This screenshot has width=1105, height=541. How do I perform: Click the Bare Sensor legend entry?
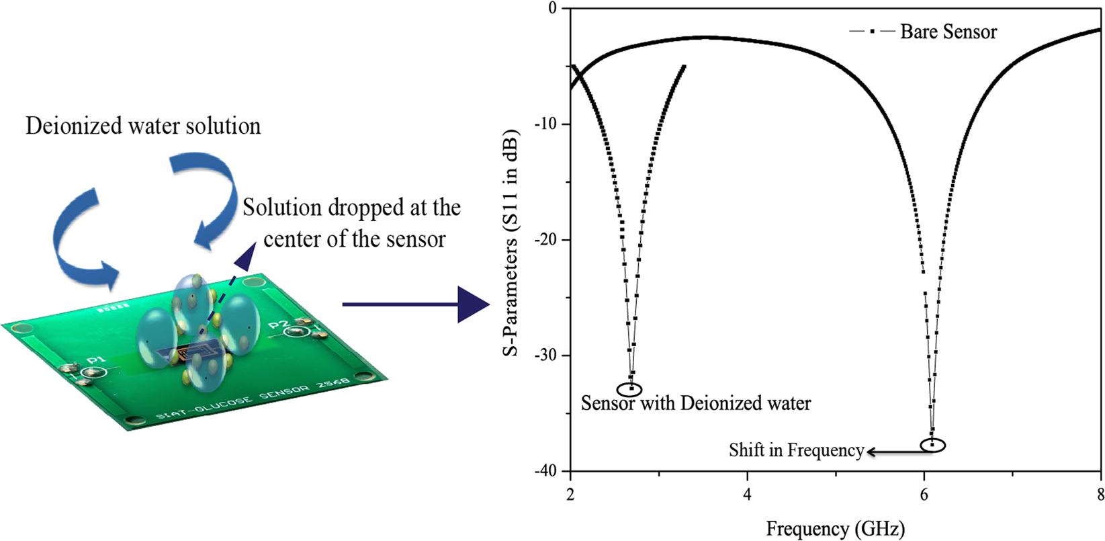[948, 32]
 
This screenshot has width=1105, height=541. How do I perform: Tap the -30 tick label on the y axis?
[545, 355]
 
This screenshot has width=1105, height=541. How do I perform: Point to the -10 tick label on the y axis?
[545, 124]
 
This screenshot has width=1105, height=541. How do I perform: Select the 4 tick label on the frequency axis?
[747, 495]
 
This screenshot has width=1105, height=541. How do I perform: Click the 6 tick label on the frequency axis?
[924, 495]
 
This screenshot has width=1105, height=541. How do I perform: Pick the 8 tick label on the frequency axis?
[1100, 495]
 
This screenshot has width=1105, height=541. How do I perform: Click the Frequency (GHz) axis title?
[835, 529]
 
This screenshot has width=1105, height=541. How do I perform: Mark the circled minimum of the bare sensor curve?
[932, 444]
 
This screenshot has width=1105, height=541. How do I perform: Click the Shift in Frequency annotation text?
[796, 450]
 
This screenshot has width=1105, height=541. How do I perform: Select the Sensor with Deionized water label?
[696, 403]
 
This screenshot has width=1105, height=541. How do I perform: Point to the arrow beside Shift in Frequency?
[893, 452]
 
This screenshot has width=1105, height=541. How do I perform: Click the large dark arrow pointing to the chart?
[416, 304]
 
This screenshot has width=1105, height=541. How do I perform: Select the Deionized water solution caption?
[143, 126]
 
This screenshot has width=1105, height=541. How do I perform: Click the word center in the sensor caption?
[292, 239]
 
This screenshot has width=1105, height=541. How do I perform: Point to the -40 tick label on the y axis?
[545, 470]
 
